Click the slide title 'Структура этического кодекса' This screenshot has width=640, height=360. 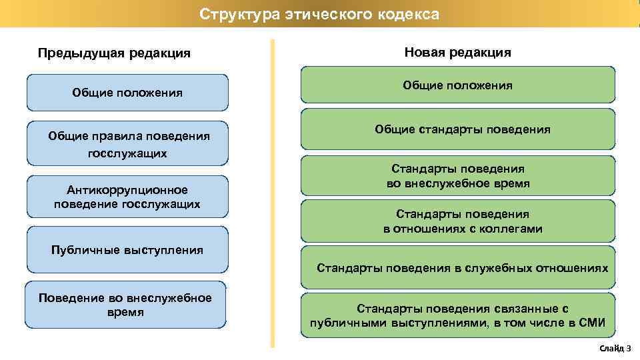(319, 14)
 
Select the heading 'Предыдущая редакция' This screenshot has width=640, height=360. (114, 53)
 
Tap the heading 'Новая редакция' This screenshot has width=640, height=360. (457, 52)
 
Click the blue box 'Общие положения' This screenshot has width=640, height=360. (127, 93)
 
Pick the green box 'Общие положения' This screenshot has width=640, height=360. (457, 85)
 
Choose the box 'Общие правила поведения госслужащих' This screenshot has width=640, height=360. (127, 144)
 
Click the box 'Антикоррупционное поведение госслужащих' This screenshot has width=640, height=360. (127, 197)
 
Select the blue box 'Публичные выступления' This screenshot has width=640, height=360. (127, 250)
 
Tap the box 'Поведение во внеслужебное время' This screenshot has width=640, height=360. (127, 305)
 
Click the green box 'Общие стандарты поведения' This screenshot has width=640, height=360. (457, 129)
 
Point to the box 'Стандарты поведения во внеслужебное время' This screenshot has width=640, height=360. (457, 177)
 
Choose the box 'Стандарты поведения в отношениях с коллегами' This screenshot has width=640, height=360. (457, 221)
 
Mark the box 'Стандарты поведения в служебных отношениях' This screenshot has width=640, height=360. (457, 268)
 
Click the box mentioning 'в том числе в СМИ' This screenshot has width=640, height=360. (457, 316)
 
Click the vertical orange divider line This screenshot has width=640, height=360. (272, 193)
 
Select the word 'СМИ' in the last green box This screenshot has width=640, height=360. (591, 323)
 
